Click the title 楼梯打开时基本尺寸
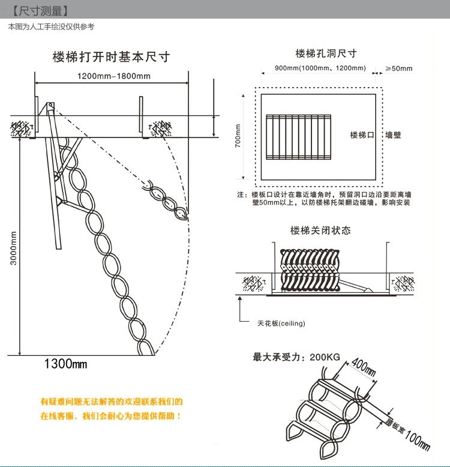coord(111,57)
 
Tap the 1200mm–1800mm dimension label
coord(114,76)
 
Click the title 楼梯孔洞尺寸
coord(326,53)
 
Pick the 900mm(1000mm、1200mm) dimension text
coord(320,68)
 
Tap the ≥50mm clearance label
coord(399,68)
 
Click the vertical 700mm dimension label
coord(238,136)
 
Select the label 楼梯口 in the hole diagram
coord(362,135)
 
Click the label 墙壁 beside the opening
coord(393,135)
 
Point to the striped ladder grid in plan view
coord(299,136)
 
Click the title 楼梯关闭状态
coord(320,230)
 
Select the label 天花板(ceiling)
coord(281,324)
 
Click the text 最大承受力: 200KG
coord(296,357)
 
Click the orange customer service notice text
coord(111,408)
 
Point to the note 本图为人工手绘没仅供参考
coord(51,26)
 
